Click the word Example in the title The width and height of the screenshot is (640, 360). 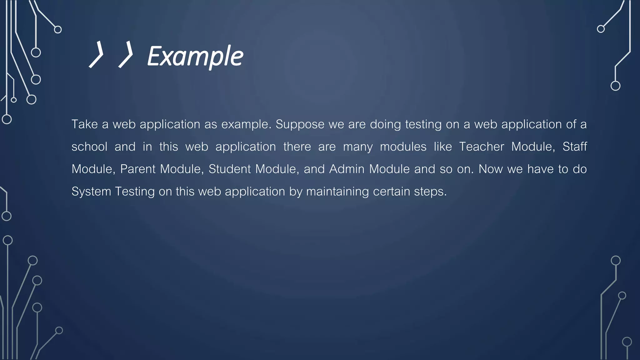pyautogui.click(x=195, y=56)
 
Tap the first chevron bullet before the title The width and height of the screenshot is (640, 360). pyautogui.click(x=96, y=54)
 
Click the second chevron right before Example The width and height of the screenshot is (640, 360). pyautogui.click(x=126, y=54)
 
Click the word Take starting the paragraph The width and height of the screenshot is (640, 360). pyautogui.click(x=84, y=124)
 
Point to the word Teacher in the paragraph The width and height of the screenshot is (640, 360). pyautogui.click(x=481, y=147)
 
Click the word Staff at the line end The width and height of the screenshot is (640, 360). pyautogui.click(x=574, y=147)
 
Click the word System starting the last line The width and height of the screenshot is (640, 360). pyautogui.click(x=91, y=191)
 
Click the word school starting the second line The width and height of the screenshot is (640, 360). pyautogui.click(x=89, y=147)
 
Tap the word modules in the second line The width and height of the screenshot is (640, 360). pyautogui.click(x=403, y=147)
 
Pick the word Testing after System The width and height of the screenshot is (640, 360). pyautogui.click(x=135, y=191)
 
